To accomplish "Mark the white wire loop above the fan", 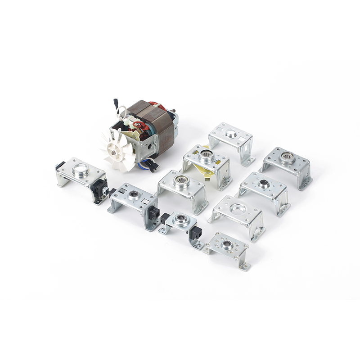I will click(x=120, y=110).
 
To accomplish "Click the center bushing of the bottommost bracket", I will click(x=226, y=244).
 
